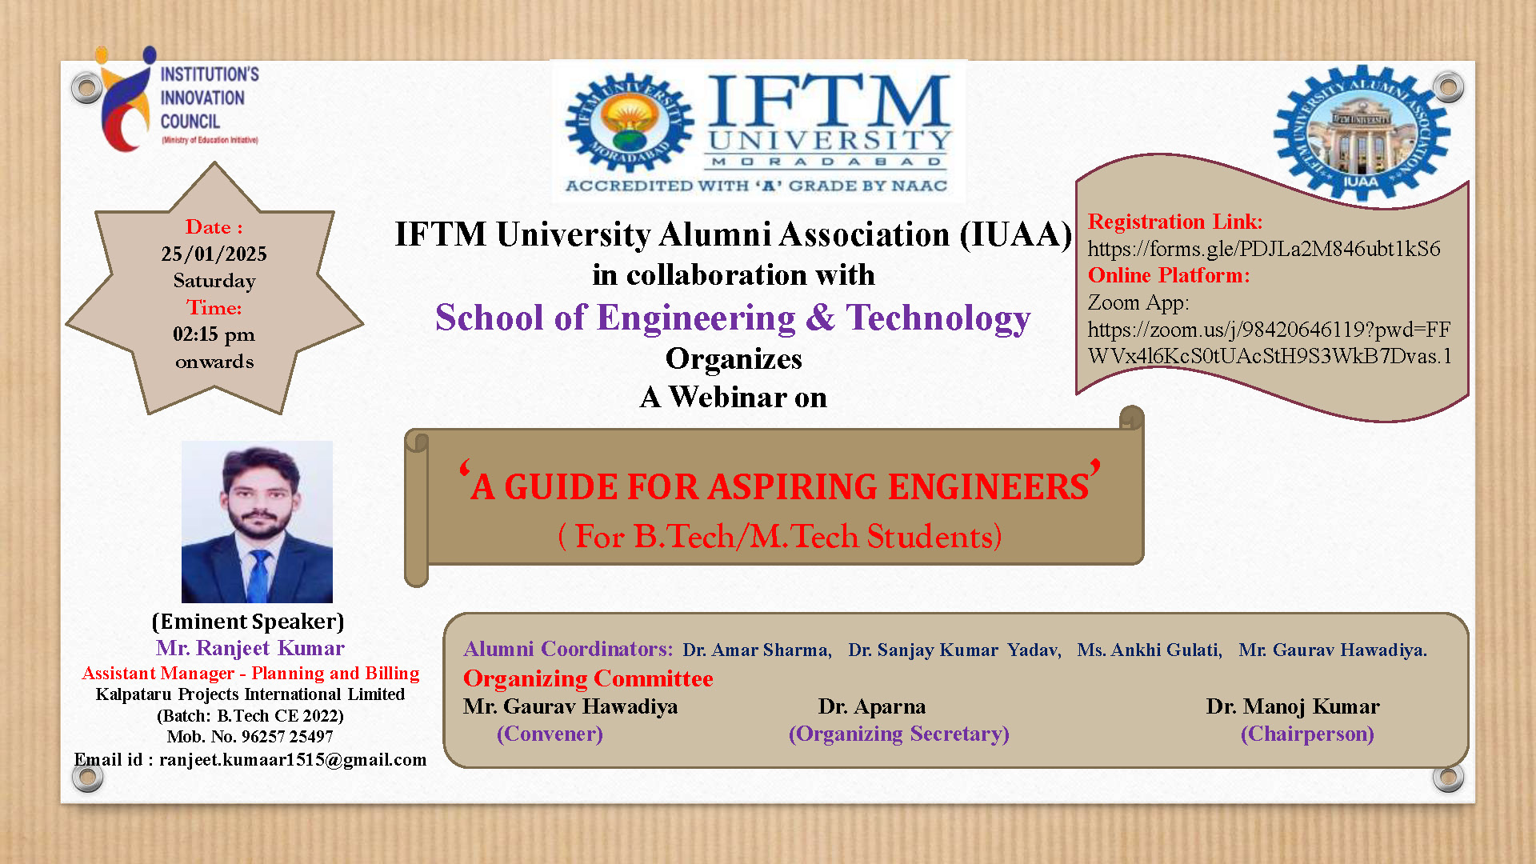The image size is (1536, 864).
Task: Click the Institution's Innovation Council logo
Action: tap(178, 100)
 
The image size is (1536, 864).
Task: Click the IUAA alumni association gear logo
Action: tap(1362, 133)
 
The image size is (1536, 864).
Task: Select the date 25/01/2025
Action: tap(214, 254)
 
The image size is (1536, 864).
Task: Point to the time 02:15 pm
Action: tap(214, 334)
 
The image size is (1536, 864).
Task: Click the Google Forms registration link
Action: tap(1264, 249)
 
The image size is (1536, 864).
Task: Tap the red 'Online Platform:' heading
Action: tap(1169, 275)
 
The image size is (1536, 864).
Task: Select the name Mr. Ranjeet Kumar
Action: tap(250, 648)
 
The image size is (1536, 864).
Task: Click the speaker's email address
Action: tap(293, 759)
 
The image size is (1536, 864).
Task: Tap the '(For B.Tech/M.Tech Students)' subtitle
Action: tap(780, 536)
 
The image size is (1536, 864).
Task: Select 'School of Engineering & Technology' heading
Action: tap(733, 318)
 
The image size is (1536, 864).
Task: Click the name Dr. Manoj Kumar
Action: tap(1293, 706)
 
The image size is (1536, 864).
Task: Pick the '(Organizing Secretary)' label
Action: tap(899, 734)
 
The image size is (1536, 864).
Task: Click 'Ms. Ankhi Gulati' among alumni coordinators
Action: tap(1150, 650)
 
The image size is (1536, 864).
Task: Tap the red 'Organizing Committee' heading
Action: tap(588, 678)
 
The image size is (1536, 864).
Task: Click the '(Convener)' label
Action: tap(550, 734)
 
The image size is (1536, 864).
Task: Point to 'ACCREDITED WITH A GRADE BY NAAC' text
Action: tap(757, 186)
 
